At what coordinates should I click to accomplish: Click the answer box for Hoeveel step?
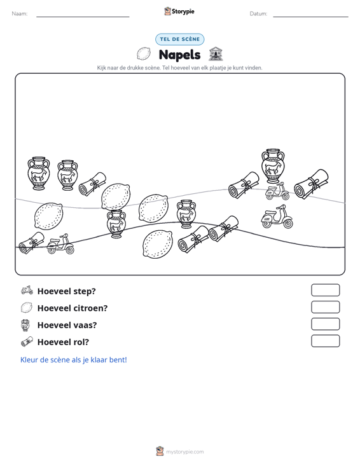coord(325,290)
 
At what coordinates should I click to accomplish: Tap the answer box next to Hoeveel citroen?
coord(325,307)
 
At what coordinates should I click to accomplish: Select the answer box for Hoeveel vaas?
coord(325,324)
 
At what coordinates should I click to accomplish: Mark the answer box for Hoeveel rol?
coord(325,341)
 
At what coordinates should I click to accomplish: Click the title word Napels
coord(179,55)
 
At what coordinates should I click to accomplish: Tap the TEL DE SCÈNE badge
coord(179,39)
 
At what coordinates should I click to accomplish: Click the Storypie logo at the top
coord(179,11)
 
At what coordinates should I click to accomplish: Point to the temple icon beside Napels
coord(216,54)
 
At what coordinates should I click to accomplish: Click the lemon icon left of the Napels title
coord(144,54)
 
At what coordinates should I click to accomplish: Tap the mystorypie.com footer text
coord(184,452)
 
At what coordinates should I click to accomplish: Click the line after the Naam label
coord(83,17)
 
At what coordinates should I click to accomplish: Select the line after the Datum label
coord(310,17)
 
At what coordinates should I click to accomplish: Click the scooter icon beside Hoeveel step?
coord(27,290)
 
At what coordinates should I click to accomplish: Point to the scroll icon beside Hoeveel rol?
coord(27,341)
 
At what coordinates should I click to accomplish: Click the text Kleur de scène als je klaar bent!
coord(73,360)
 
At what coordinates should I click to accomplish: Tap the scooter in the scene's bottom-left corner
coord(60,243)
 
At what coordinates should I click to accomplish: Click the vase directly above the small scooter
coord(273,166)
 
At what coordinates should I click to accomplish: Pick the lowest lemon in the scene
coord(158,244)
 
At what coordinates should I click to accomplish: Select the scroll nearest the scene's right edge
coord(311,184)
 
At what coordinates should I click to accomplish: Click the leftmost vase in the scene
coord(39,174)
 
